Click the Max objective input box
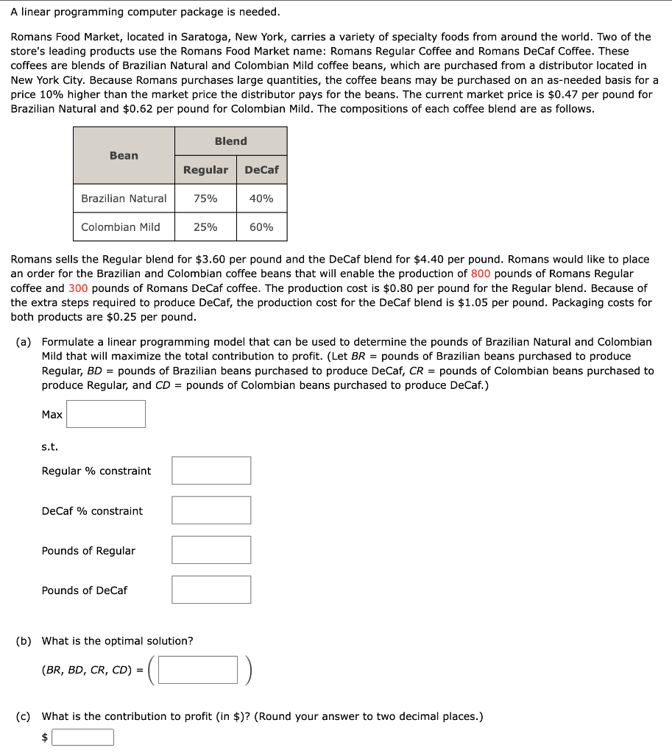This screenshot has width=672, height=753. (106, 414)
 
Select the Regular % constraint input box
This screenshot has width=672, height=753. (211, 471)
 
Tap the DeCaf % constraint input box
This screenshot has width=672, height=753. (211, 510)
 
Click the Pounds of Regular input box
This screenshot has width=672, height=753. (211, 550)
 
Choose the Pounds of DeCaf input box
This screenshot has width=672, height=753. (211, 590)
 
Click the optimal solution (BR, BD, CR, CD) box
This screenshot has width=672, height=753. (198, 670)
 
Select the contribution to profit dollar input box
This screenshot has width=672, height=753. (82, 737)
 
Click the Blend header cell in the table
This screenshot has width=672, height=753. (230, 141)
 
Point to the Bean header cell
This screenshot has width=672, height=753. (124, 155)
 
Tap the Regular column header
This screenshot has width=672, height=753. (205, 170)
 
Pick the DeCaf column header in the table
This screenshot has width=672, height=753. (261, 170)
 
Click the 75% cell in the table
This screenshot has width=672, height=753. (205, 199)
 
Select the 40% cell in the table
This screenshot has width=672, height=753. (261, 199)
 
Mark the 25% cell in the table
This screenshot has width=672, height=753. (205, 227)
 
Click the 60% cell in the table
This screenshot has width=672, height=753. (261, 227)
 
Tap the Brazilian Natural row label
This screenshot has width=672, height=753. (124, 199)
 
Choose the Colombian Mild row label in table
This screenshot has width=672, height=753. (121, 227)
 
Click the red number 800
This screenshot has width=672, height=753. (481, 274)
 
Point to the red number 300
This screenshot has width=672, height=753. (78, 288)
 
